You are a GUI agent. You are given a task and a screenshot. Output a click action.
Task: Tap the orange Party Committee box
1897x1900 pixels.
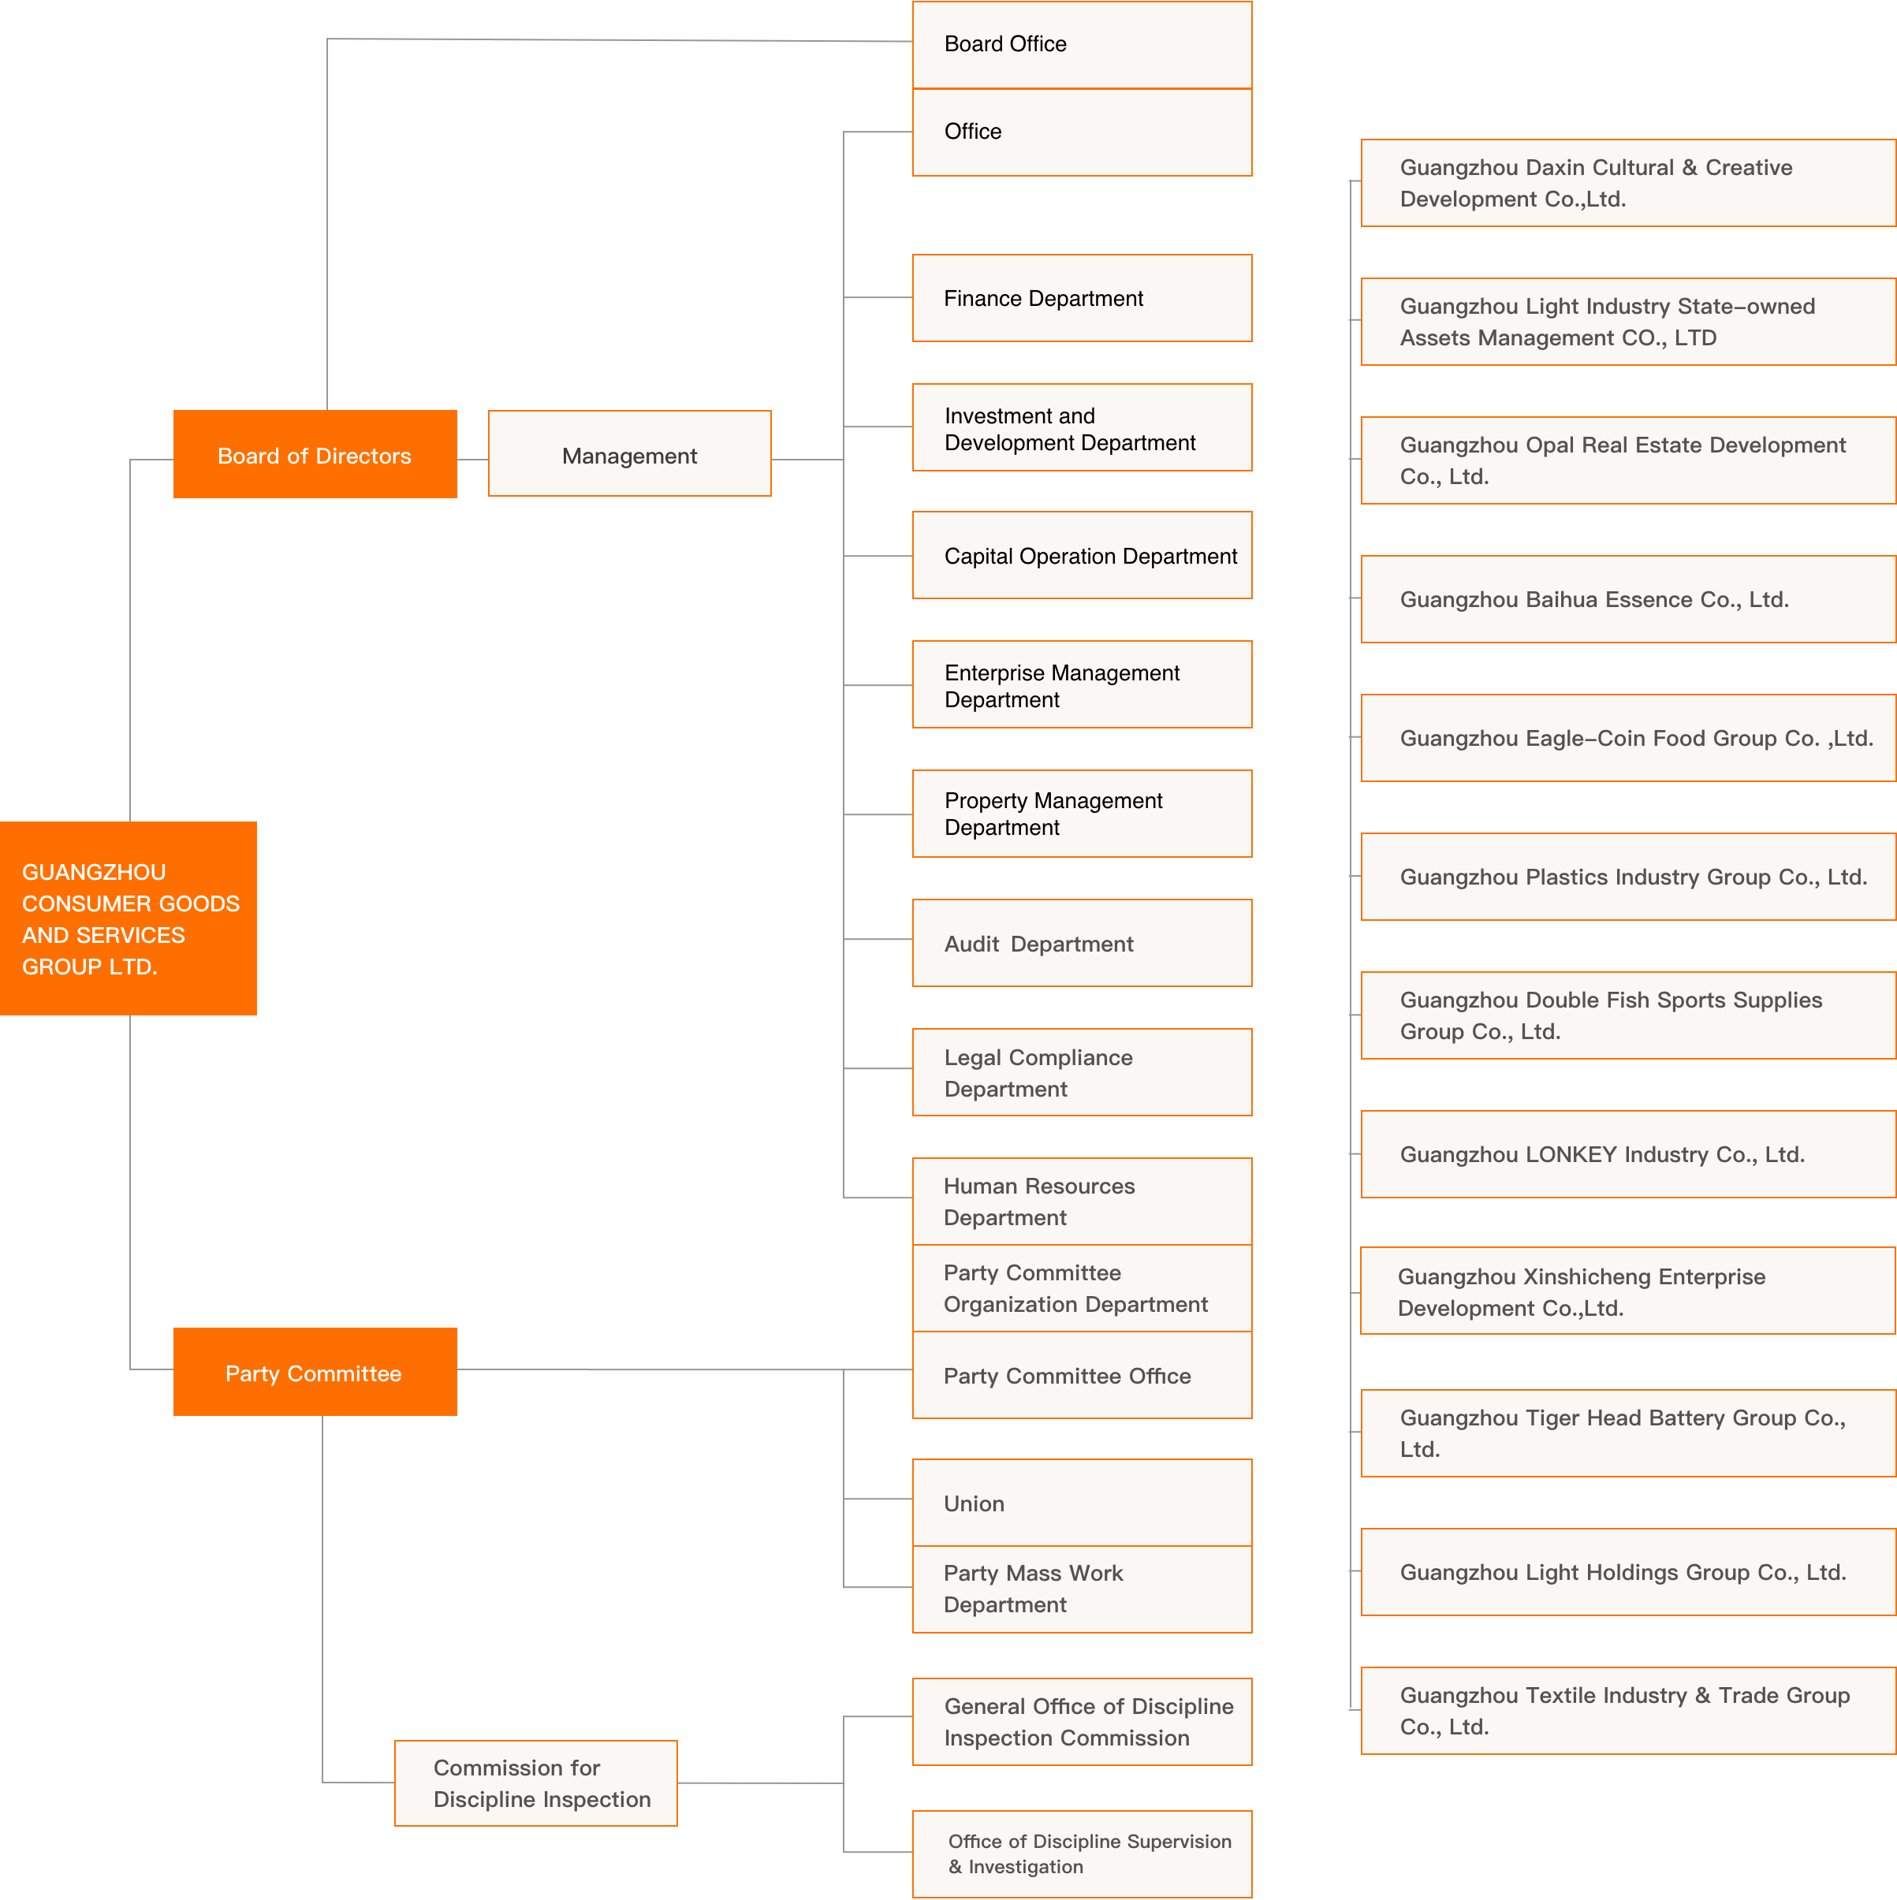pos(315,1372)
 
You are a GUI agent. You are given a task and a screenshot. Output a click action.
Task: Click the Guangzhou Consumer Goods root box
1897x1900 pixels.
pos(128,918)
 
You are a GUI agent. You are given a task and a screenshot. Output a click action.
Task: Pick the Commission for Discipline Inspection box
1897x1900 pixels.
pos(536,1783)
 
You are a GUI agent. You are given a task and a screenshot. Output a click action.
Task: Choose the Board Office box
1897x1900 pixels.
pos(1082,44)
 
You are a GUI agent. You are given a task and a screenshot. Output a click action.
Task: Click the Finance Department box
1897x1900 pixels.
pos(1082,298)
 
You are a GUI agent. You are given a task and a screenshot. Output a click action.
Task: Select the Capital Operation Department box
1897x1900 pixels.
pos(1082,556)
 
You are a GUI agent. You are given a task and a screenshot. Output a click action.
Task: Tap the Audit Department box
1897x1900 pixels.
pos(1082,943)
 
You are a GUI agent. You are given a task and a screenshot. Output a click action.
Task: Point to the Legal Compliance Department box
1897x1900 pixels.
pos(1082,1072)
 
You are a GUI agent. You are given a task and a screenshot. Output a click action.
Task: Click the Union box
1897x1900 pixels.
pos(1082,1503)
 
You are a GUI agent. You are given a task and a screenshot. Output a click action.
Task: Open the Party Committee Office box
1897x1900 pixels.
pos(1082,1375)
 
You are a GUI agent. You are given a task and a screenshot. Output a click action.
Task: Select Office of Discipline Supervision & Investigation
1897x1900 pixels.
pos(1082,1853)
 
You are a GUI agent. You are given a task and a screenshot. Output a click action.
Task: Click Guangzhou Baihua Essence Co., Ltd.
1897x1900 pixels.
pos(1627,599)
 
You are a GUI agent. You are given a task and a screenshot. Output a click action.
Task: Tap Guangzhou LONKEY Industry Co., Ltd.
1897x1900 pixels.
pos(1627,1153)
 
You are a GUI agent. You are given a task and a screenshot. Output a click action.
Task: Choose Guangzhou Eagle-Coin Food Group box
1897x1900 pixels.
pos(1627,738)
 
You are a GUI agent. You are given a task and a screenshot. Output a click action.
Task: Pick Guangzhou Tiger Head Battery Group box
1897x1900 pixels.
pos(1627,1432)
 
